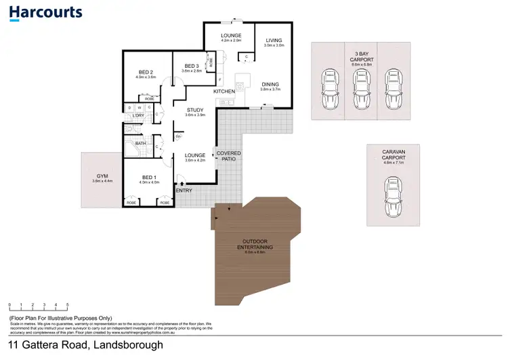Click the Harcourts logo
(x=46, y=12)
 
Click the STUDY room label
(x=195, y=109)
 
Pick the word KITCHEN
(x=224, y=91)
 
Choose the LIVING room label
(x=273, y=40)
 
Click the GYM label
(x=100, y=176)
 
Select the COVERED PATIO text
(x=228, y=156)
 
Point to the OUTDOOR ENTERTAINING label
(x=256, y=245)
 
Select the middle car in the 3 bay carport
(x=360, y=88)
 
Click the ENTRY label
(x=184, y=190)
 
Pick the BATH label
(x=141, y=143)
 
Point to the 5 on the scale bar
(x=67, y=305)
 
